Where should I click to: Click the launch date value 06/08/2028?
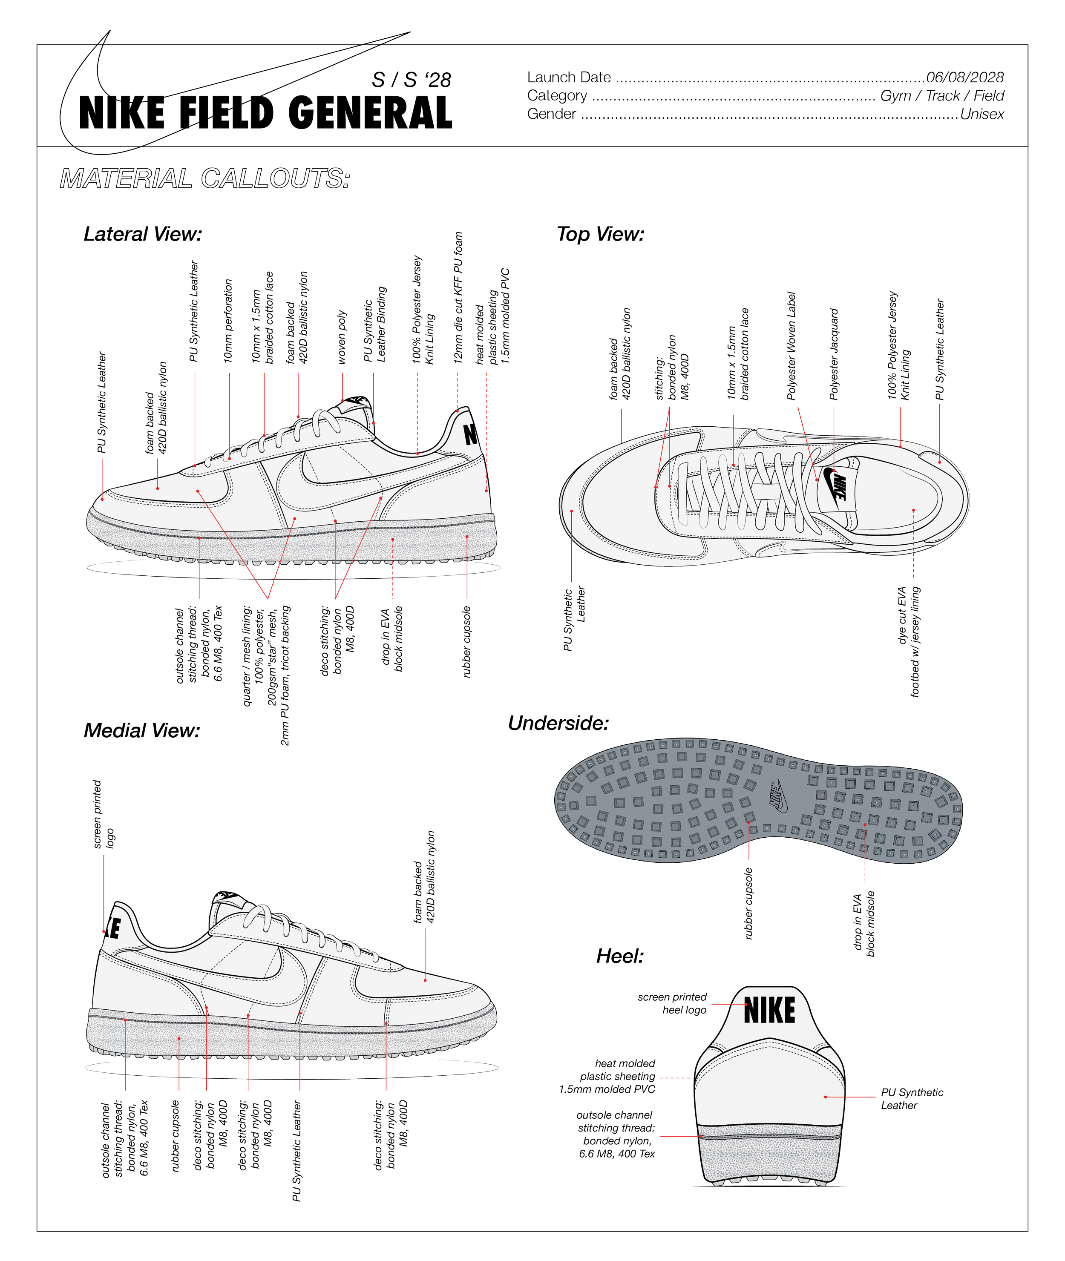coord(965,77)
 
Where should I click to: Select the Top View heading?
coord(600,234)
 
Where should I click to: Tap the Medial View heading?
coord(141,730)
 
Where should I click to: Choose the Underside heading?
coord(558,723)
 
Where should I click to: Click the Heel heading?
coord(620,956)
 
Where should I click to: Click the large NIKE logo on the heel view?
coord(769,1011)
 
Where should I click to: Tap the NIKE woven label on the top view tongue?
coord(839,488)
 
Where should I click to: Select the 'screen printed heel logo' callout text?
coord(672,1003)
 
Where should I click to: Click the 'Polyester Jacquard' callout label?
coord(834,354)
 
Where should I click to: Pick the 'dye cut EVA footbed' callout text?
coord(909,642)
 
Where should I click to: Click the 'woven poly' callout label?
coord(342,337)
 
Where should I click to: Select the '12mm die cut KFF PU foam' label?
coord(458,298)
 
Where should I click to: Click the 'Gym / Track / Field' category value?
coord(942,95)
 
